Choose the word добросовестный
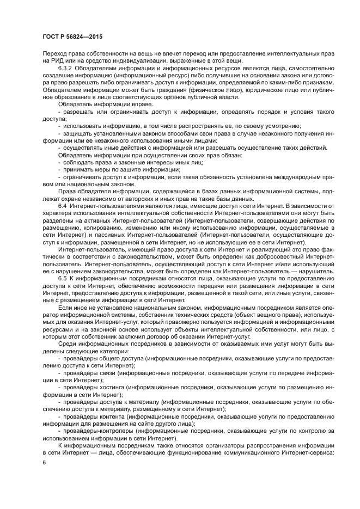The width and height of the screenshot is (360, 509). click(x=274, y=256)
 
